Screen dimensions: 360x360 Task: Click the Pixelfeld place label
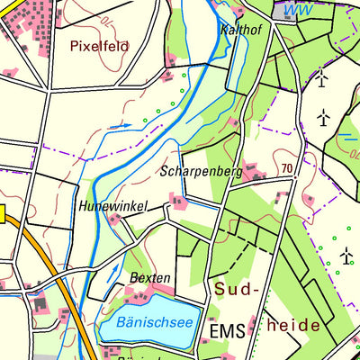click(99, 45)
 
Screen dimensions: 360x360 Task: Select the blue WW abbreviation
click(290, 10)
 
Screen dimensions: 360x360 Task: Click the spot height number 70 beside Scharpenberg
click(286, 168)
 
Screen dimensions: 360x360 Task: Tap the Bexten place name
click(148, 278)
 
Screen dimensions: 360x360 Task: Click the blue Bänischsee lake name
click(146, 321)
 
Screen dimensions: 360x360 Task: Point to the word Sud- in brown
click(235, 289)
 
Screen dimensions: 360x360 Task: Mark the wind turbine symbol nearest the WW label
click(321, 78)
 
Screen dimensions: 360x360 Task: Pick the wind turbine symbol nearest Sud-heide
click(346, 257)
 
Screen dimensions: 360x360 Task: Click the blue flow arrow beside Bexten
click(115, 273)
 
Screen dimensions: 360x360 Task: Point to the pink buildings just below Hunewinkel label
click(114, 219)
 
